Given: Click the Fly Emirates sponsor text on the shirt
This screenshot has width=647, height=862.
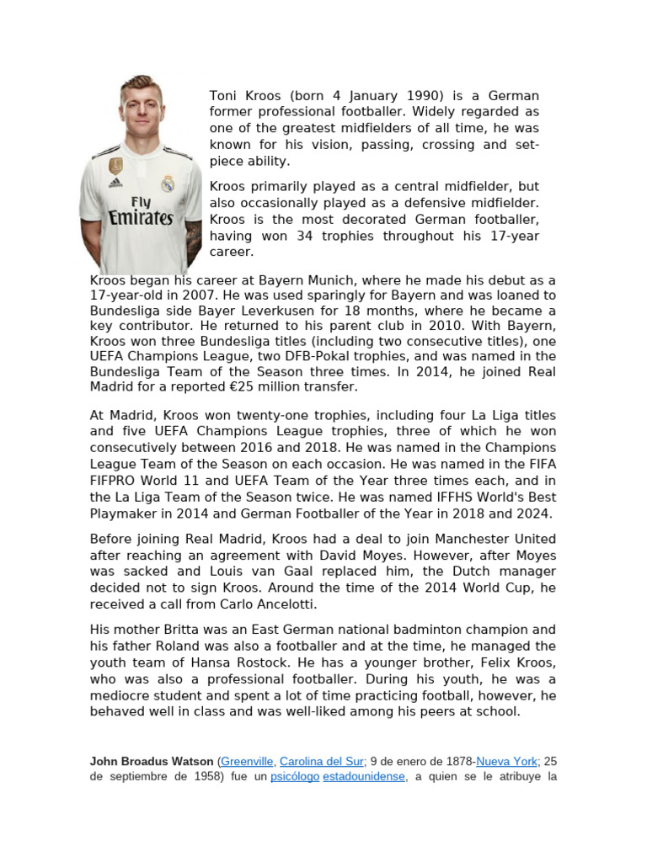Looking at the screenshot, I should (140, 212).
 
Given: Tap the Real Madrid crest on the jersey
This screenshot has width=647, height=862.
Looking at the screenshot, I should (168, 183).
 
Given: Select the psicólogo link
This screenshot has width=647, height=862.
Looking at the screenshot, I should (295, 777).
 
